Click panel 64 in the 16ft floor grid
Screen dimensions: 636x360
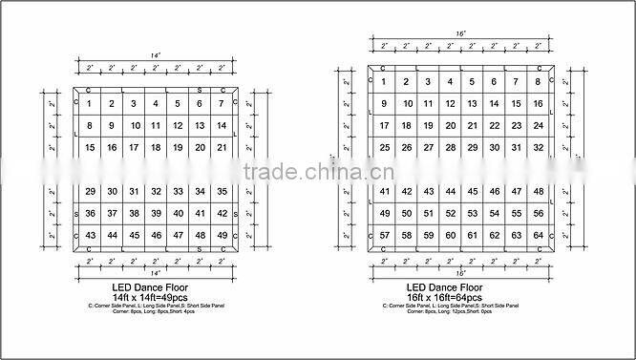point(538,235)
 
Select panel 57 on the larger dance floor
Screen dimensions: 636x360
point(383,235)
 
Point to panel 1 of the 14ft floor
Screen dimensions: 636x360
point(90,104)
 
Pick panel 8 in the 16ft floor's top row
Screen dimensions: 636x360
point(538,82)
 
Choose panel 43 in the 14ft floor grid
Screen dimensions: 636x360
point(90,235)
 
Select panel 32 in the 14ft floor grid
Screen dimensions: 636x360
point(157,192)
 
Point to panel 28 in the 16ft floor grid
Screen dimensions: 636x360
point(450,148)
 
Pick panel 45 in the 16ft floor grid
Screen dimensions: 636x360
point(472,192)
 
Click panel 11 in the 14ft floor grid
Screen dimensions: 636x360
point(157,125)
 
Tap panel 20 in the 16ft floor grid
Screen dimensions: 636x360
point(450,126)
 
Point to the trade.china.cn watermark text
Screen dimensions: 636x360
point(316,174)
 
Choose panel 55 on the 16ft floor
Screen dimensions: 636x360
point(516,213)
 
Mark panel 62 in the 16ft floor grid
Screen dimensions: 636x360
point(494,235)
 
